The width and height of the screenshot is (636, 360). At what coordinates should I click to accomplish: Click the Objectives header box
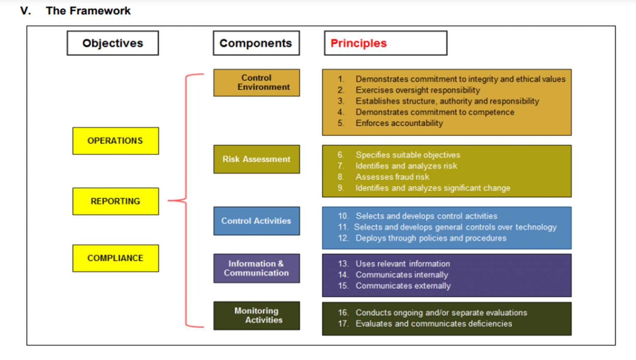pyautogui.click(x=113, y=43)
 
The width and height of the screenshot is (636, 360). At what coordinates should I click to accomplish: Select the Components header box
pyautogui.click(x=256, y=43)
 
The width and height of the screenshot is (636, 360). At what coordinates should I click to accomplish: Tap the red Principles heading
pyautogui.click(x=359, y=43)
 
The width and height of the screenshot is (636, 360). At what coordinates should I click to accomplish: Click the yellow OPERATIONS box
pyautogui.click(x=116, y=141)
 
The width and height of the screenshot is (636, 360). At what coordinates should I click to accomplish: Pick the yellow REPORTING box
pyautogui.click(x=116, y=201)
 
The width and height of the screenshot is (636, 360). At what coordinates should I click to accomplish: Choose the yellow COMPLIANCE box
pyautogui.click(x=116, y=258)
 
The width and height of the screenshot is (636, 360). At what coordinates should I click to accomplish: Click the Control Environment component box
pyautogui.click(x=257, y=83)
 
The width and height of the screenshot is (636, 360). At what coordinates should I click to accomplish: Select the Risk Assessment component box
pyautogui.click(x=257, y=159)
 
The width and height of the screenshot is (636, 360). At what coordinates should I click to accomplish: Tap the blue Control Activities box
pyautogui.click(x=257, y=221)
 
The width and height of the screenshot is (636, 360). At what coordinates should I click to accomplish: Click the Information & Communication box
pyautogui.click(x=257, y=268)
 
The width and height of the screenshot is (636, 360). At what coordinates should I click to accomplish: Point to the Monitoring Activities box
pyautogui.click(x=257, y=315)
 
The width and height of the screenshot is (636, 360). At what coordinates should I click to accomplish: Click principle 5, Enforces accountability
pyautogui.click(x=399, y=123)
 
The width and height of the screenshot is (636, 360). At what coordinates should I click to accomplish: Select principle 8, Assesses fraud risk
pyautogui.click(x=392, y=177)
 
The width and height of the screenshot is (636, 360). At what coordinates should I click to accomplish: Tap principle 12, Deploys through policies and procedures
pyautogui.click(x=431, y=238)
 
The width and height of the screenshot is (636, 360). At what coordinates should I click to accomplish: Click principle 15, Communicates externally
pyautogui.click(x=403, y=286)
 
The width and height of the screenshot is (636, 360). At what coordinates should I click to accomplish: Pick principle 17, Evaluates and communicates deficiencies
pyautogui.click(x=434, y=324)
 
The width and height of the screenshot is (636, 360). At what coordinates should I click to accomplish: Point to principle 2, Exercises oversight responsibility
pyautogui.click(x=417, y=90)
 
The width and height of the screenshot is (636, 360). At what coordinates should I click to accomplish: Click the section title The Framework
pyautogui.click(x=88, y=11)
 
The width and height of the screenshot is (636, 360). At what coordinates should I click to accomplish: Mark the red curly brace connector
pyautogui.click(x=186, y=201)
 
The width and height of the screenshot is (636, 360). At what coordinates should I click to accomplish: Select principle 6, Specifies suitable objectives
pyautogui.click(x=407, y=155)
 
